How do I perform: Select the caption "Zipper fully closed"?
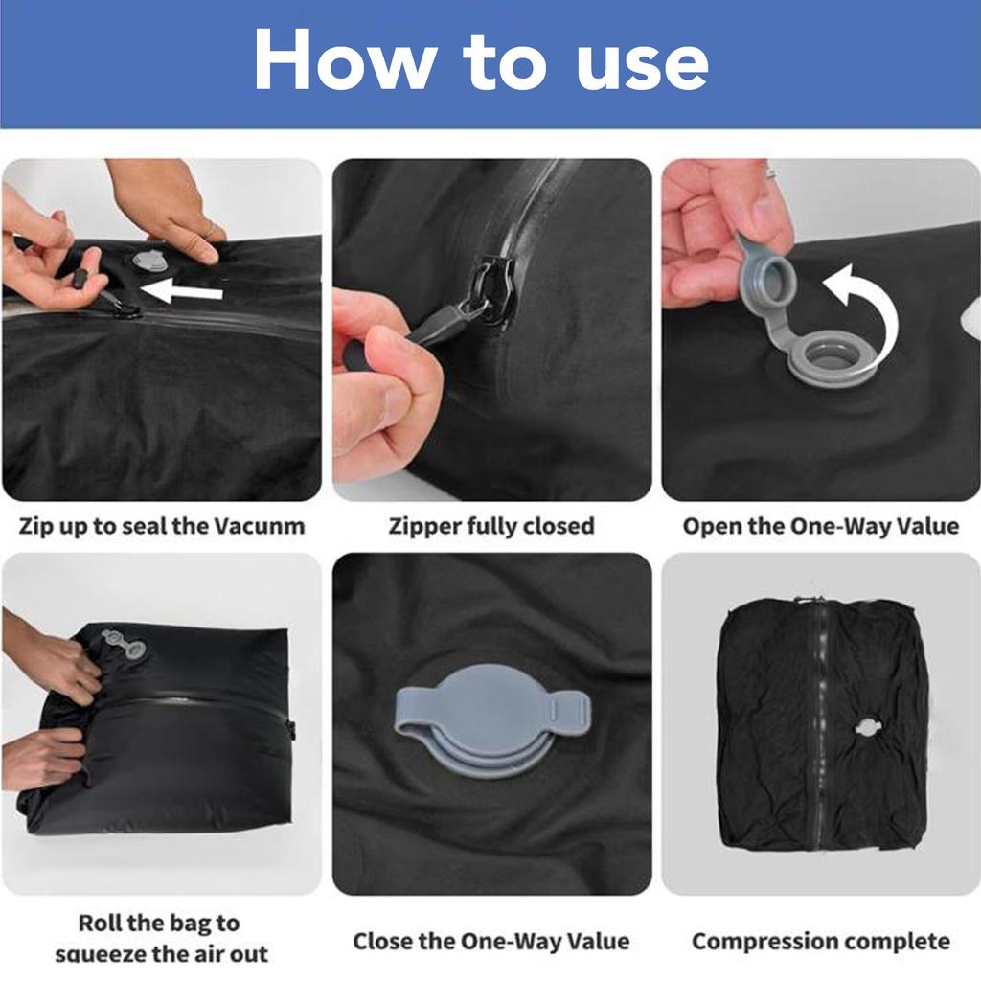pyautogui.click(x=491, y=526)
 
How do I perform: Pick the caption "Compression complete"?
pyautogui.click(x=821, y=941)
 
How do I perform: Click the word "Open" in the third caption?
pyautogui.click(x=714, y=526)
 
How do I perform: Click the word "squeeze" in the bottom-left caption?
pyautogui.click(x=103, y=954)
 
